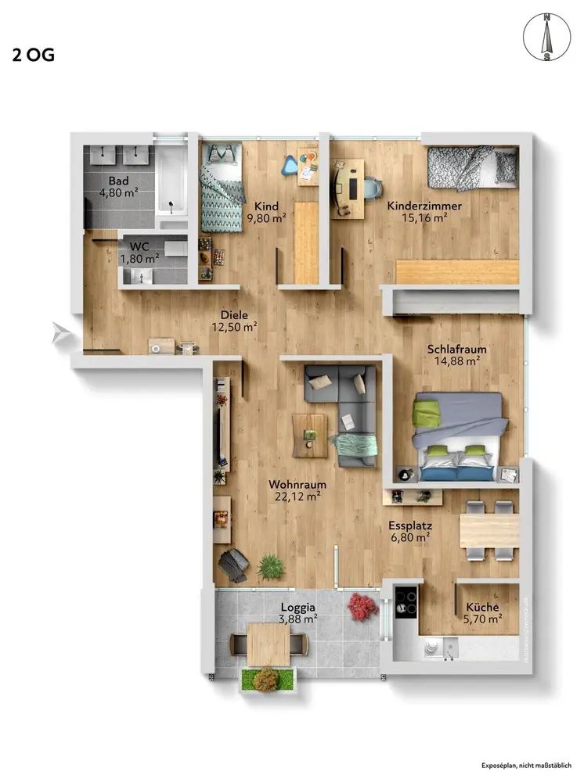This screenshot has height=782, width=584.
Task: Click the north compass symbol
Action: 546,37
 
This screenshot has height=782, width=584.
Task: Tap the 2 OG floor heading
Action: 34,55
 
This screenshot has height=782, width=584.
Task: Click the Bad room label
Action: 119,181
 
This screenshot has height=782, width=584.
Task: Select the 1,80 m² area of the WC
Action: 139,259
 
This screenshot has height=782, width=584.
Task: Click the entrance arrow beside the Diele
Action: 60,333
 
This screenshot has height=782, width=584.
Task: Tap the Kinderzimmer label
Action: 424,206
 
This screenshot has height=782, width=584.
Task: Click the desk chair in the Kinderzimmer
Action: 373,188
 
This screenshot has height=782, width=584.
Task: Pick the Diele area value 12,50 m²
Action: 235,327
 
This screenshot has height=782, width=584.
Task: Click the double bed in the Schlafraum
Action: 459,436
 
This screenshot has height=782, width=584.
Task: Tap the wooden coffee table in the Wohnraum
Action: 310,435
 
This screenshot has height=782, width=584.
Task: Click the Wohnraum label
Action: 297,484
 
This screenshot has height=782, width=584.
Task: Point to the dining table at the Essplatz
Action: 489,531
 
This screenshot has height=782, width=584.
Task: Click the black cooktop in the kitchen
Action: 407,601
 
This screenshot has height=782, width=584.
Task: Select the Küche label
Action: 483,607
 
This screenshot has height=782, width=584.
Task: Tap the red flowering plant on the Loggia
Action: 364,606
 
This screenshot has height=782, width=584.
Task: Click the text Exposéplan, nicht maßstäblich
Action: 526,765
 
